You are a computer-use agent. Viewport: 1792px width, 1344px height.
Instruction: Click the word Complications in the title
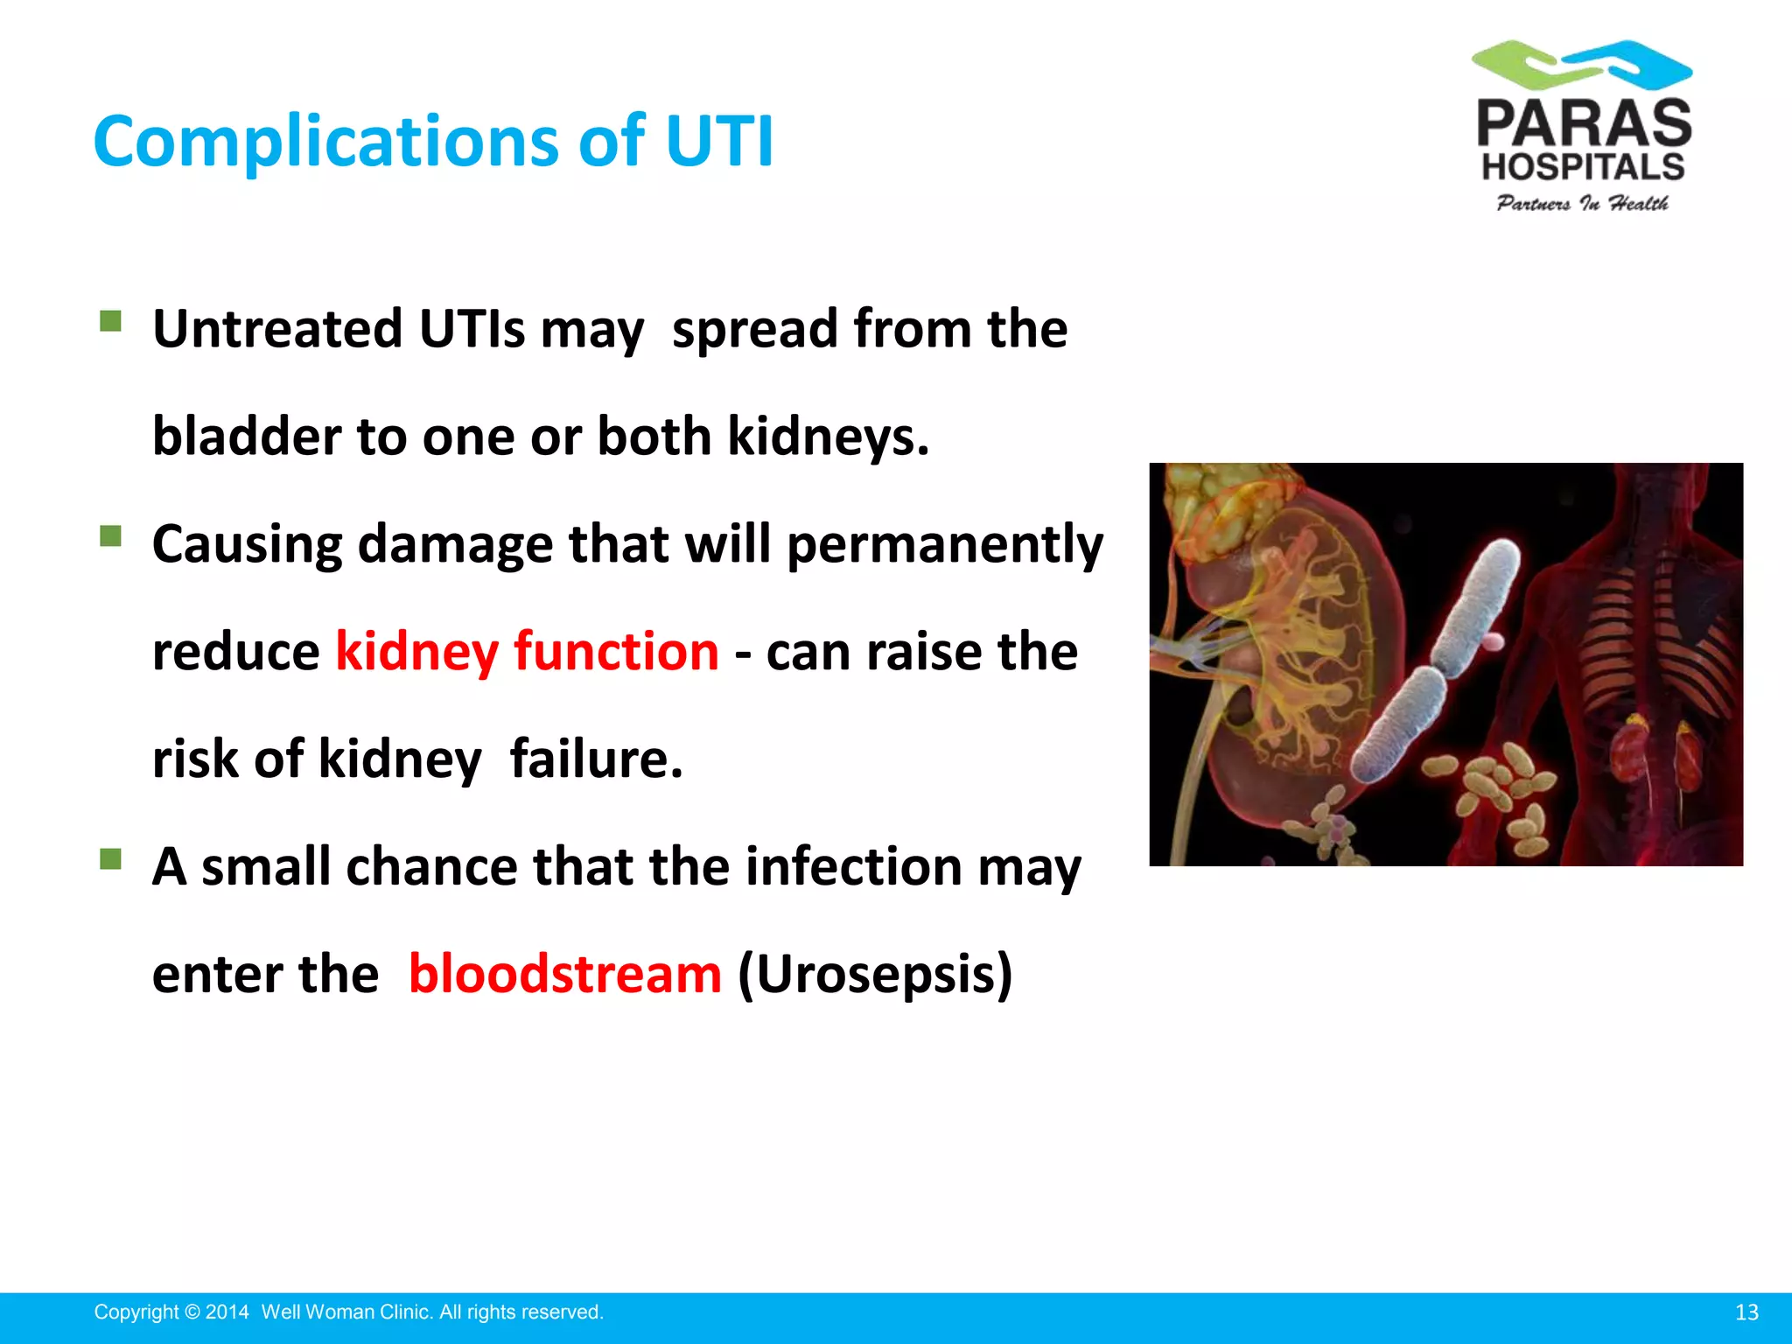325,142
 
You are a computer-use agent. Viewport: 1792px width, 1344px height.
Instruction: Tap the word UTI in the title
719,142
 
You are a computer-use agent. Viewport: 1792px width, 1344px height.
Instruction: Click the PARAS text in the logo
1584,124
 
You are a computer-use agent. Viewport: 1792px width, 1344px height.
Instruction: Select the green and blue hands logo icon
1582,65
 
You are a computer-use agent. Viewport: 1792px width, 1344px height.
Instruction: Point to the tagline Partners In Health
1582,204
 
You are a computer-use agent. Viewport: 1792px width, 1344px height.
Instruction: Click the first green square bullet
110,321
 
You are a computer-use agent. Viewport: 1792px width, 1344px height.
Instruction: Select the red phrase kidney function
527,652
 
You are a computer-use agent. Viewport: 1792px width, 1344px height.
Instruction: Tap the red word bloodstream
565,974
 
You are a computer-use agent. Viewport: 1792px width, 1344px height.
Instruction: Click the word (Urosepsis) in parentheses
875,974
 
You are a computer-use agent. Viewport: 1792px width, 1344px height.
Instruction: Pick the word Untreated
277,330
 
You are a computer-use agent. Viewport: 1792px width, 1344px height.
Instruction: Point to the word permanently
945,545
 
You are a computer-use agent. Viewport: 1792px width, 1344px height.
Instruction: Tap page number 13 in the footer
1746,1312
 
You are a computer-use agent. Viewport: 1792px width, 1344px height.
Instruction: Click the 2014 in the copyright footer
227,1312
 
